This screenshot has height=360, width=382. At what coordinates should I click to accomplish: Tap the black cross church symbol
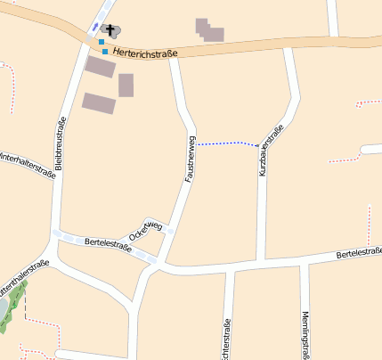(110, 30)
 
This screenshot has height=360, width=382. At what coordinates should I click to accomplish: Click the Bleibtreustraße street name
(61, 144)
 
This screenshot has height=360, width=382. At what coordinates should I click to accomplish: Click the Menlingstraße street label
(305, 333)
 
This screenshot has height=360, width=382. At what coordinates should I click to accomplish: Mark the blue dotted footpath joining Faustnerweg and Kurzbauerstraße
(226, 143)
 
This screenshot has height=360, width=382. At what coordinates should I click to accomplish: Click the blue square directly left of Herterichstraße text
(105, 52)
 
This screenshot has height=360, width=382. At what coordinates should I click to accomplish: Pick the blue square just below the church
(102, 42)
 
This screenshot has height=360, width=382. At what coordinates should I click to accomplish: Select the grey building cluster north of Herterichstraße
(209, 30)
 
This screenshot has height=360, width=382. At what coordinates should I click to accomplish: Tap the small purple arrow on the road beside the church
(95, 26)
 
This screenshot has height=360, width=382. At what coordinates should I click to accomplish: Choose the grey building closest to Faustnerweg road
(126, 86)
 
